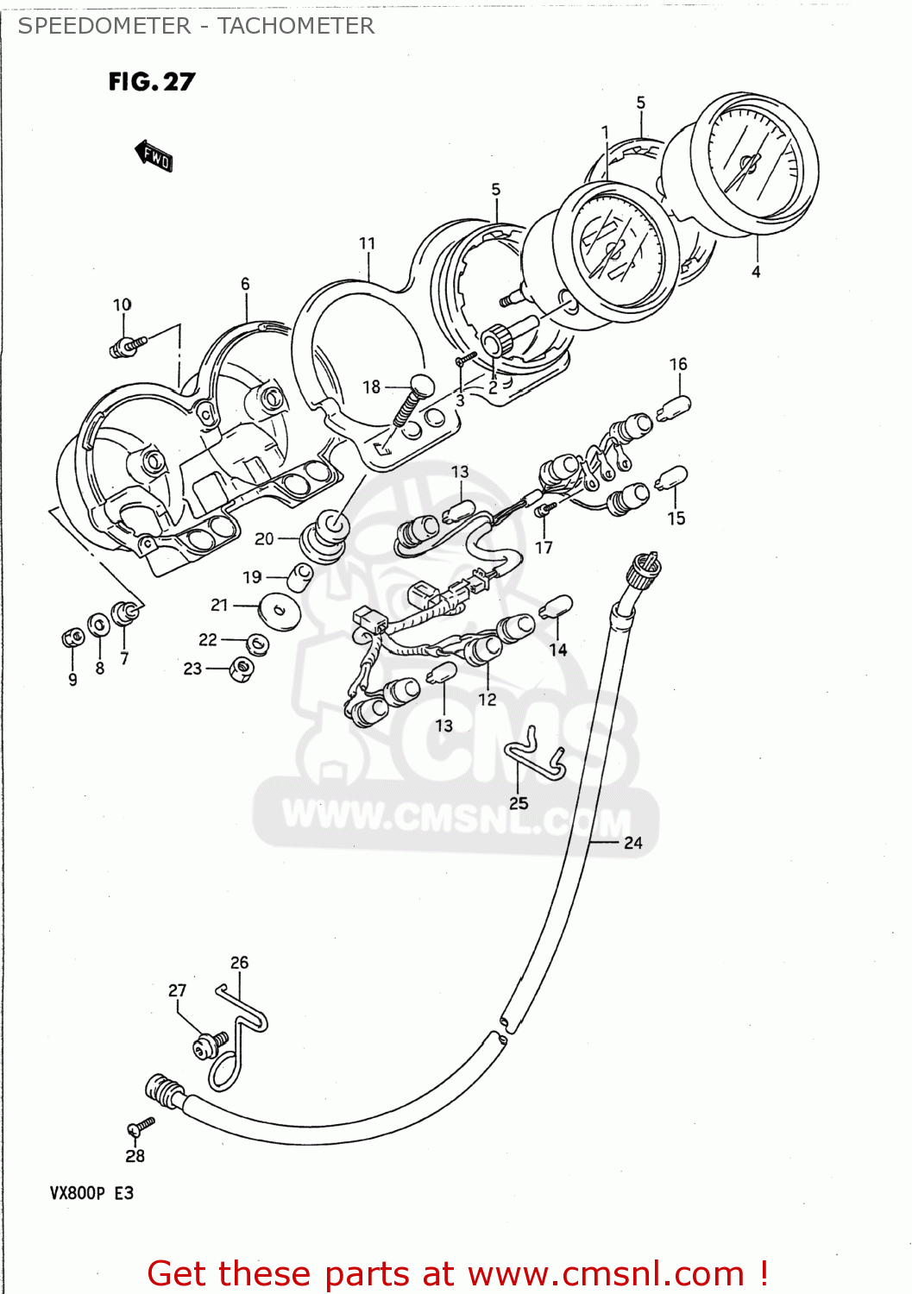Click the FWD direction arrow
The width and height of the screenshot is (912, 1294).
[154, 156]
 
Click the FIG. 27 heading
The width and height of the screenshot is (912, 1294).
[152, 82]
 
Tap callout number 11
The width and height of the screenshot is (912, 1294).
[368, 244]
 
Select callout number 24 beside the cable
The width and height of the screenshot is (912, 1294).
[633, 843]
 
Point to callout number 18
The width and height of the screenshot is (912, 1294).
[371, 387]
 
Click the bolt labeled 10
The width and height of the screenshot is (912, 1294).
[128, 346]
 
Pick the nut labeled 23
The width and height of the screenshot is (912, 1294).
[242, 668]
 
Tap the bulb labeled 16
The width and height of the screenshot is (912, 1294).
[674, 405]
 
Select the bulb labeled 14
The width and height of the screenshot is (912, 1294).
[556, 607]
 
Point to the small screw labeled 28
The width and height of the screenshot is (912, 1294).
[140, 1126]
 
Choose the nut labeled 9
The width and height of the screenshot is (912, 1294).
[72, 638]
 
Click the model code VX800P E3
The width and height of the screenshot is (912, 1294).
[91, 1193]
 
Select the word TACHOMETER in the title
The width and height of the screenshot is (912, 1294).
[296, 26]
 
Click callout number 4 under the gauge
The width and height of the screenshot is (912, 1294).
[756, 272]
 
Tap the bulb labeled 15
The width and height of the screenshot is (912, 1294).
[671, 477]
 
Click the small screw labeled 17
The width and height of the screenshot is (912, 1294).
[543, 512]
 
